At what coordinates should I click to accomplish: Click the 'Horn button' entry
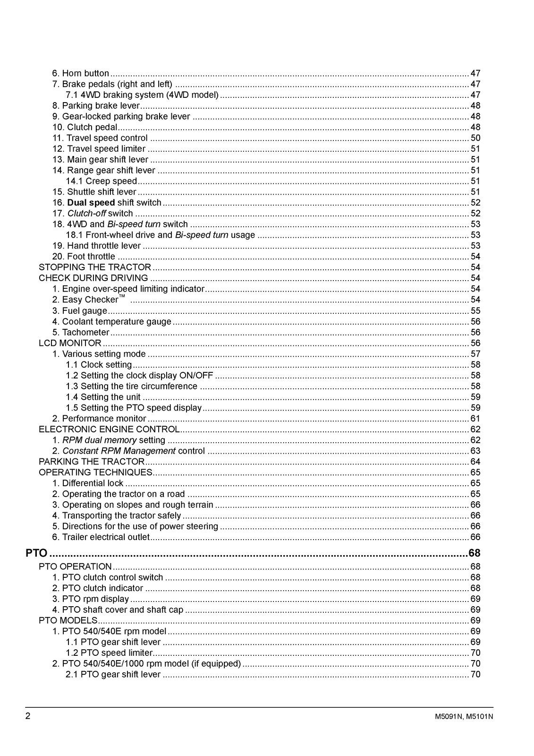80,73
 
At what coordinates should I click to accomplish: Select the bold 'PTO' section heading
36,553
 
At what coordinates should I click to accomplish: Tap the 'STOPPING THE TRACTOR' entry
94,267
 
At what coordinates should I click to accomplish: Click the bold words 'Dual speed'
91,203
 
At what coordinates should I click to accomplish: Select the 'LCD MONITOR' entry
70,343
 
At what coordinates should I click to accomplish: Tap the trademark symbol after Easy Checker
122,296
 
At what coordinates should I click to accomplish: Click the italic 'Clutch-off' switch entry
86,214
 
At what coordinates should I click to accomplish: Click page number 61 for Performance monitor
475,419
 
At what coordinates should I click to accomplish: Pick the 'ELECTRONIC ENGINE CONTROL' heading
109,430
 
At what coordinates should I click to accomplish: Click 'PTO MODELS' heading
68,620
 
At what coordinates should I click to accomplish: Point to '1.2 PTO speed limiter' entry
109,653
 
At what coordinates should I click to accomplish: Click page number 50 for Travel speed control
475,138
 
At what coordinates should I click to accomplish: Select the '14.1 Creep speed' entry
101,181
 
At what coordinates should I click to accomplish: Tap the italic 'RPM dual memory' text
100,440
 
